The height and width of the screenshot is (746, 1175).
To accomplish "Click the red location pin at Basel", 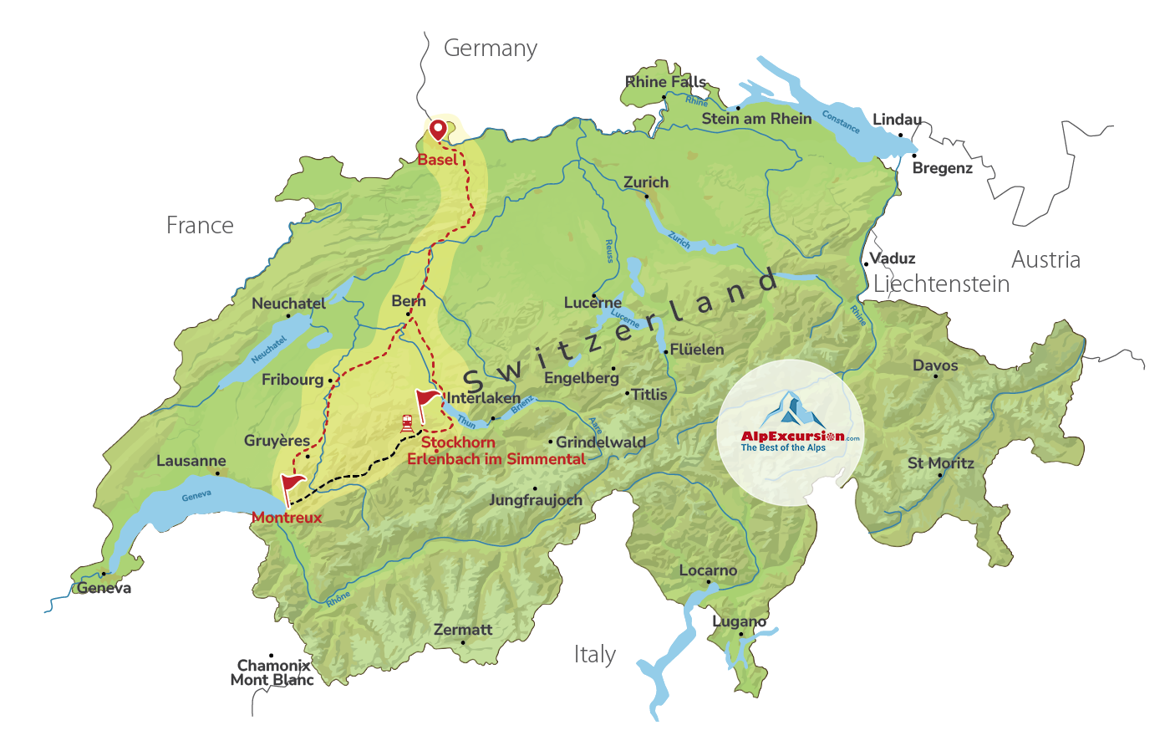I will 437,130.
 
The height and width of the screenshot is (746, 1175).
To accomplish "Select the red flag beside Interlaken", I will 426,400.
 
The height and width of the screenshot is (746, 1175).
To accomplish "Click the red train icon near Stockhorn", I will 407,423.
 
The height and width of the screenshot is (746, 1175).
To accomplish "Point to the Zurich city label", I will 646,182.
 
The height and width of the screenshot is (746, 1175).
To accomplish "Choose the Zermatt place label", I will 463,630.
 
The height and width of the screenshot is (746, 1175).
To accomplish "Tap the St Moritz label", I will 941,462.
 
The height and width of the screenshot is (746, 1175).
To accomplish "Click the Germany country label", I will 490,49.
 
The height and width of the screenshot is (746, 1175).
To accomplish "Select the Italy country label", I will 595,654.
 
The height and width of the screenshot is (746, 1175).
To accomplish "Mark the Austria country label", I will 1045,259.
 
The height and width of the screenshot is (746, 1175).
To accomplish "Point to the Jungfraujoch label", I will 536,500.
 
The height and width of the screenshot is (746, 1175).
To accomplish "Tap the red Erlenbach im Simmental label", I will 496,458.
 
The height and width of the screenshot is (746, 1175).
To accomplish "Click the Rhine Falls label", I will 666,82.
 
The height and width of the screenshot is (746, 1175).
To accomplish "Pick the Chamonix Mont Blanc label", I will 272,672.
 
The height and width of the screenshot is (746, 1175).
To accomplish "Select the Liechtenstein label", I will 941,284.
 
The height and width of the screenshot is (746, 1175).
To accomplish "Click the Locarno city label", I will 708,570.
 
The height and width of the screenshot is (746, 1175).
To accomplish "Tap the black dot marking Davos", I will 935,376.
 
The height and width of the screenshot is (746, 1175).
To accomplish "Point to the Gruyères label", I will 277,441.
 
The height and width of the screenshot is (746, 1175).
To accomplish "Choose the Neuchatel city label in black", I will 288,304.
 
